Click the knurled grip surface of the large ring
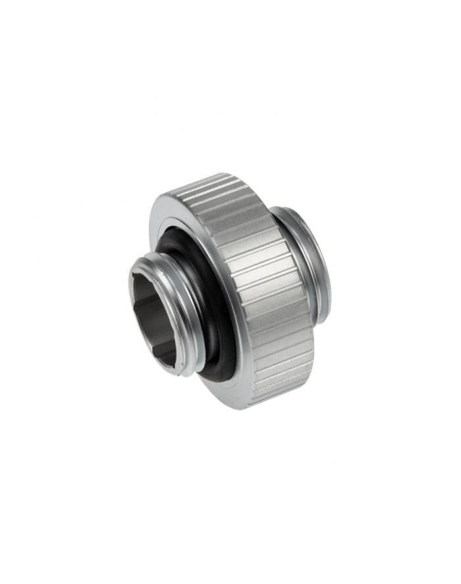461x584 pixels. pos(263,283)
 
